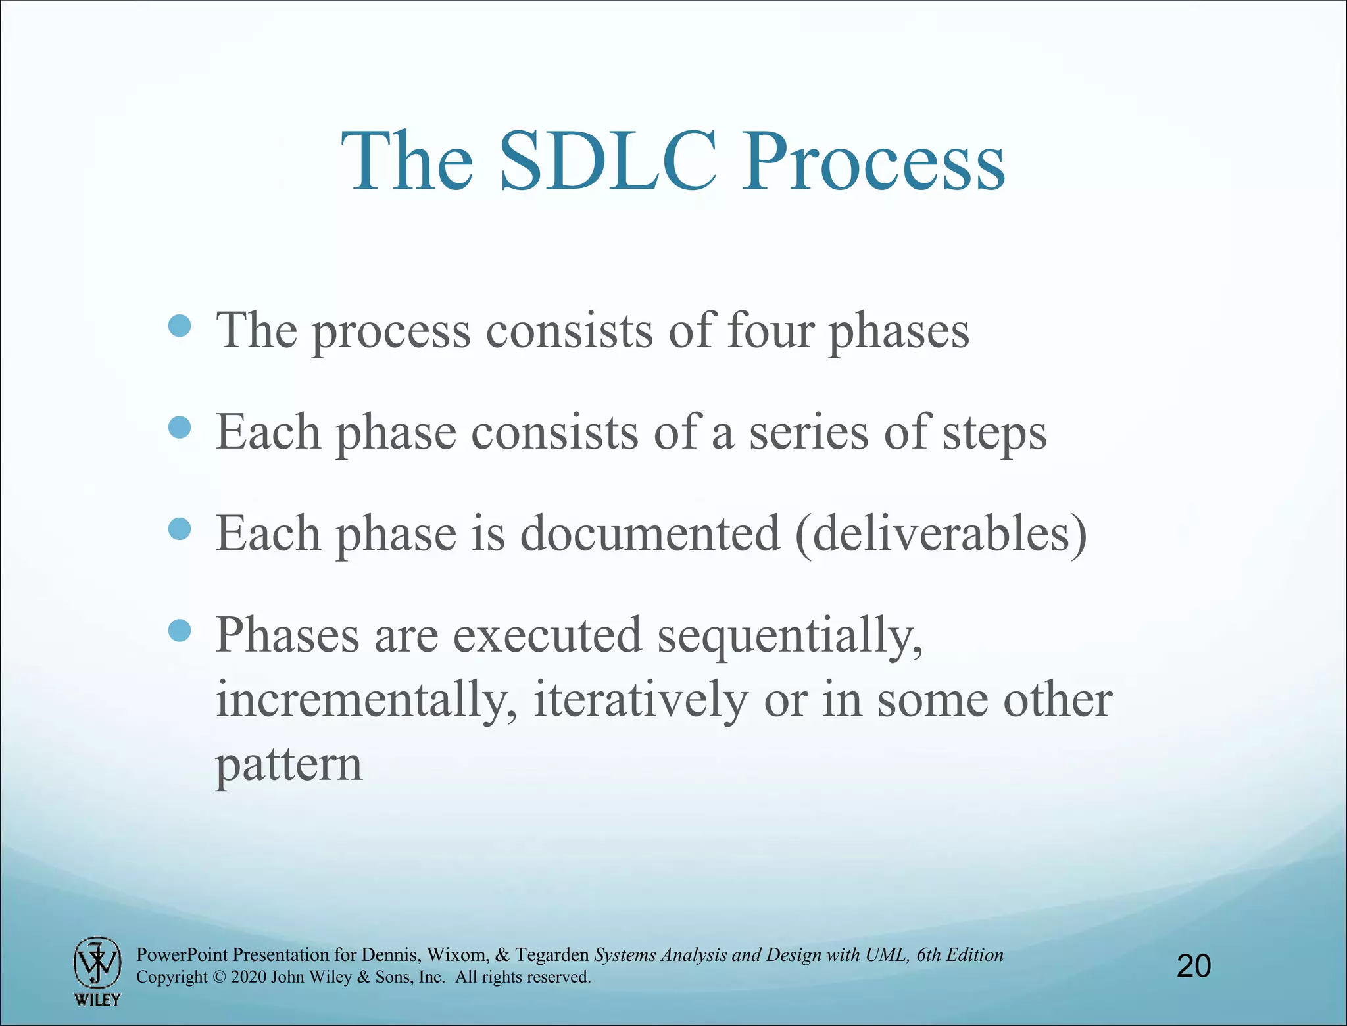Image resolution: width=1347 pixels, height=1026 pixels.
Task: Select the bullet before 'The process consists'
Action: point(180,326)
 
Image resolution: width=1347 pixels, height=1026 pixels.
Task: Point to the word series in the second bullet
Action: point(809,433)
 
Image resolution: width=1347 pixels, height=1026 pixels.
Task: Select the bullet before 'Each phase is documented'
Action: point(180,528)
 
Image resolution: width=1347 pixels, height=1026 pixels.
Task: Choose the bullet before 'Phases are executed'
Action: point(180,630)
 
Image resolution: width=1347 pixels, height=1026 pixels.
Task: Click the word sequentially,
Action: point(790,637)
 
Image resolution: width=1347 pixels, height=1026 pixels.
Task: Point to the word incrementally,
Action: point(366,700)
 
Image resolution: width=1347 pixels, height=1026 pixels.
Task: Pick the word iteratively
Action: point(640,700)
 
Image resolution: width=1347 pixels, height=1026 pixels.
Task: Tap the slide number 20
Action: point(1193,966)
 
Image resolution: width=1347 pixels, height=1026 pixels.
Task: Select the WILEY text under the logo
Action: point(97,1000)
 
